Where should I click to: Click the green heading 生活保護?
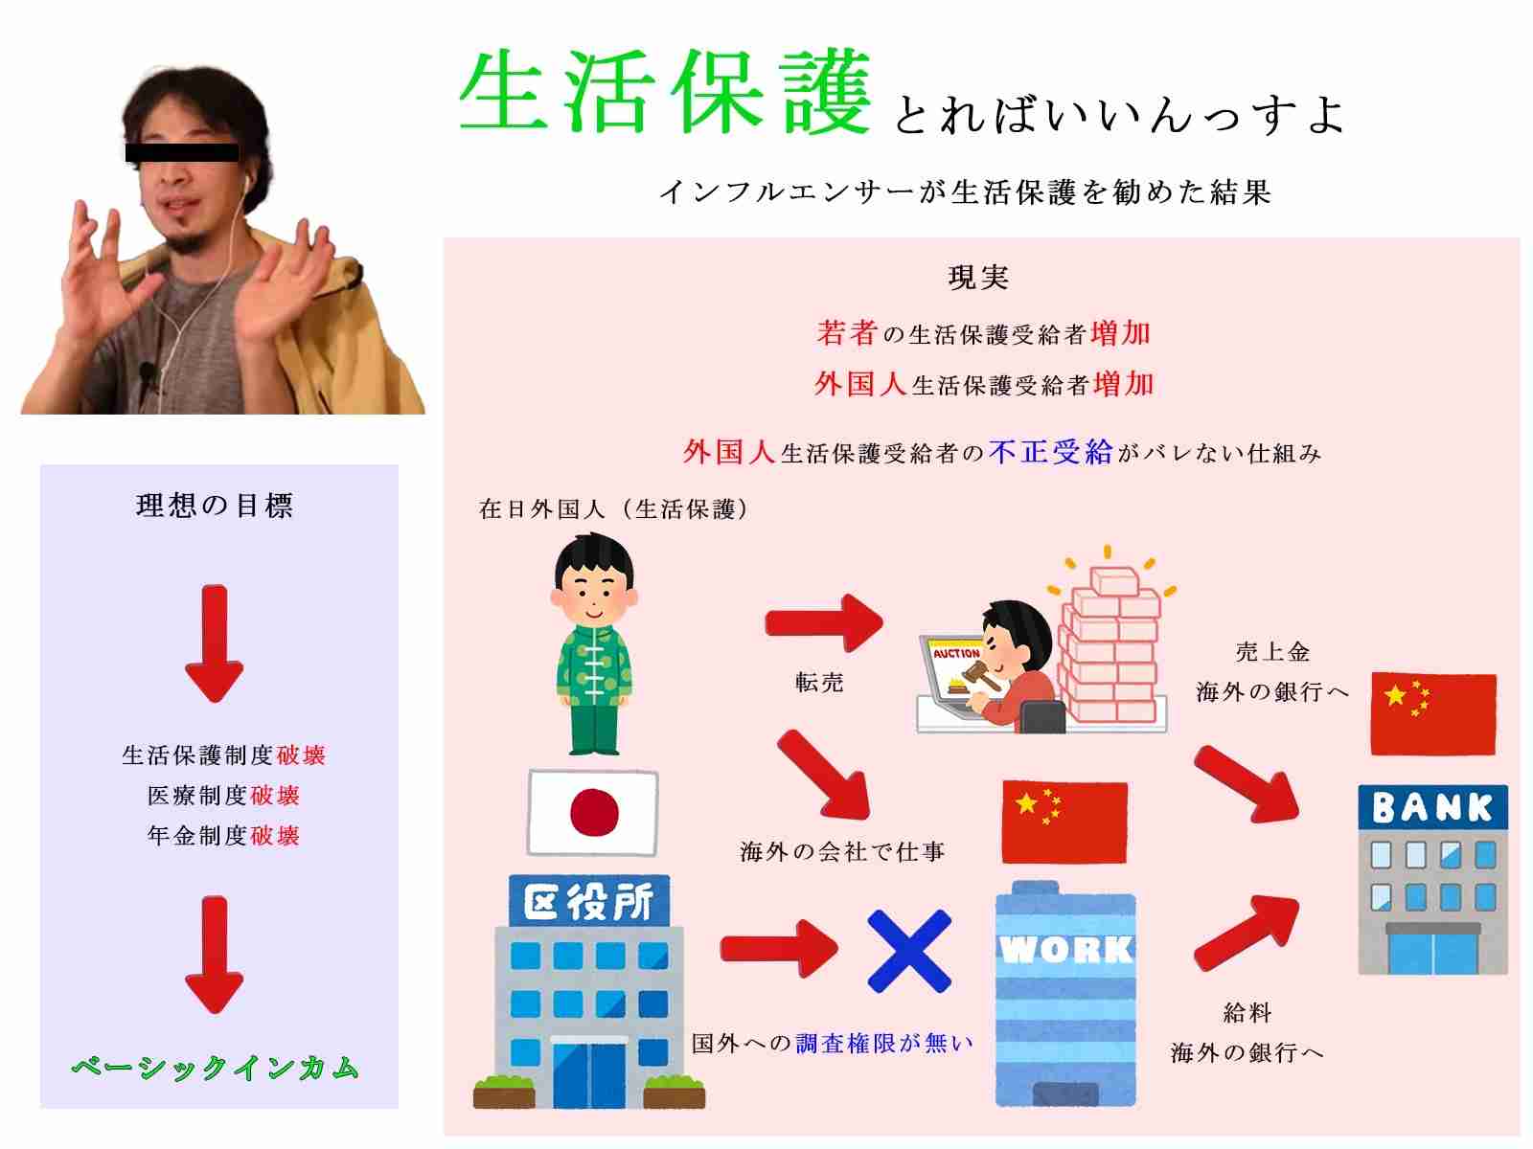tap(665, 91)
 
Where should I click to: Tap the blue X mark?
tap(908, 951)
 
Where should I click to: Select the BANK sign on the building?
tap(1432, 807)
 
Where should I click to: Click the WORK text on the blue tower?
tap(1065, 950)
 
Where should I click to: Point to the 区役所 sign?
tap(588, 901)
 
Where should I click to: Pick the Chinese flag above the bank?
tap(1433, 713)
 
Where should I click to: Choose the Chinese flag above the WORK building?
tap(1064, 822)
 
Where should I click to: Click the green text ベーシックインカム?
tap(216, 1067)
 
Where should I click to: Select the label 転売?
tap(819, 682)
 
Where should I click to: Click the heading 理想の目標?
tap(215, 506)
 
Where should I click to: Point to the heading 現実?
tap(978, 278)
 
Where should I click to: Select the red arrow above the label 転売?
tap(824, 622)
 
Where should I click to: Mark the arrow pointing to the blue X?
tap(779, 948)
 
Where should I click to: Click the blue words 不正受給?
tap(1050, 452)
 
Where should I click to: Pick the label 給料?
tap(1247, 1012)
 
